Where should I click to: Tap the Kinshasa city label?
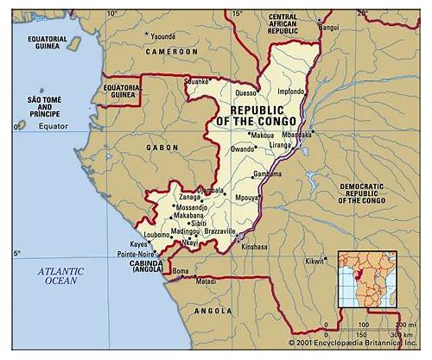click(x=254, y=246)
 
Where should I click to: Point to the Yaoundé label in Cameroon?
click(x=162, y=36)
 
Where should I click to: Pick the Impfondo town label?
click(x=291, y=92)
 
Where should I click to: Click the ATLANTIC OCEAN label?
click(x=61, y=275)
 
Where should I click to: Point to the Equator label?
click(x=51, y=127)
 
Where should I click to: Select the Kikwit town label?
click(x=315, y=261)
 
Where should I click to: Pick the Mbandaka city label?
click(x=296, y=135)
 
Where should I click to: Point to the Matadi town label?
click(x=206, y=281)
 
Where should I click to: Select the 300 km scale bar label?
click(x=398, y=335)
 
